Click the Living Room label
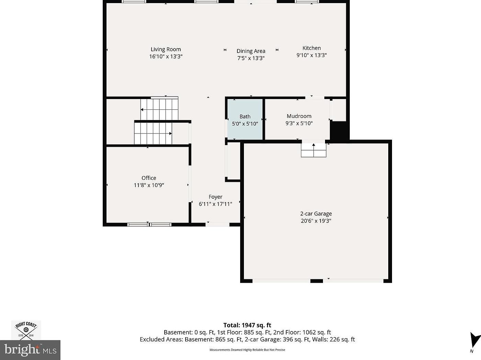pyautogui.click(x=166, y=50)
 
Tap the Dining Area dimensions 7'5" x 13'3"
pyautogui.click(x=251, y=58)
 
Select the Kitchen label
pyautogui.click(x=311, y=48)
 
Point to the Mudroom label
pyautogui.click(x=299, y=116)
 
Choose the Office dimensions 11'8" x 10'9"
pyautogui.click(x=149, y=185)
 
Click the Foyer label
pyautogui.click(x=215, y=197)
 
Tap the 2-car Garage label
pyautogui.click(x=316, y=214)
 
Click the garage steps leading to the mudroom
pyautogui.click(x=314, y=150)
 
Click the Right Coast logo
pyautogui.click(x=26, y=330)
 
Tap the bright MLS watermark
pyautogui.click(x=30, y=350)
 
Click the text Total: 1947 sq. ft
pyautogui.click(x=247, y=325)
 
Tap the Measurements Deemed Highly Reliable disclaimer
pyautogui.click(x=247, y=350)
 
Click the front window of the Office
pyautogui.click(x=149, y=224)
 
